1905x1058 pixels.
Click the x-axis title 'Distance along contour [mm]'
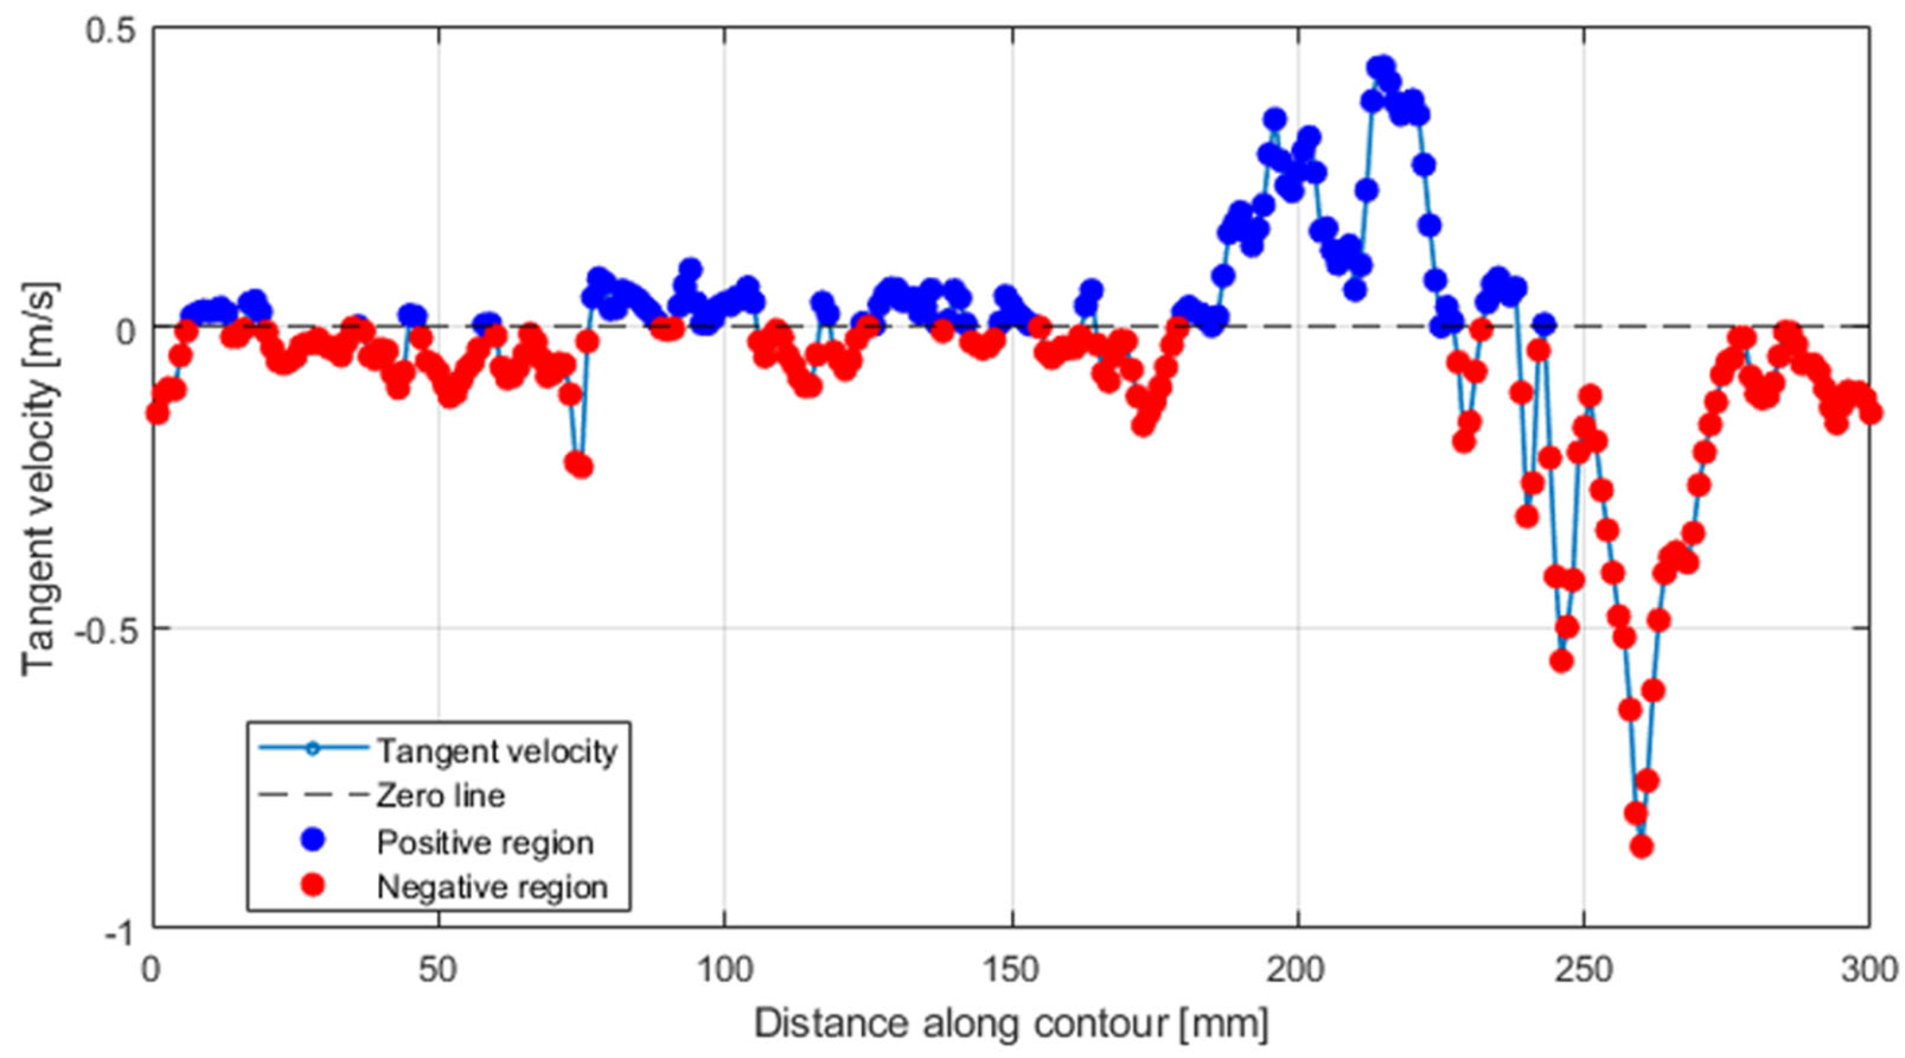[1011, 1024]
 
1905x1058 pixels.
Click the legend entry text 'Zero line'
[441, 796]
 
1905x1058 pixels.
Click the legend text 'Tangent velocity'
[497, 751]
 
